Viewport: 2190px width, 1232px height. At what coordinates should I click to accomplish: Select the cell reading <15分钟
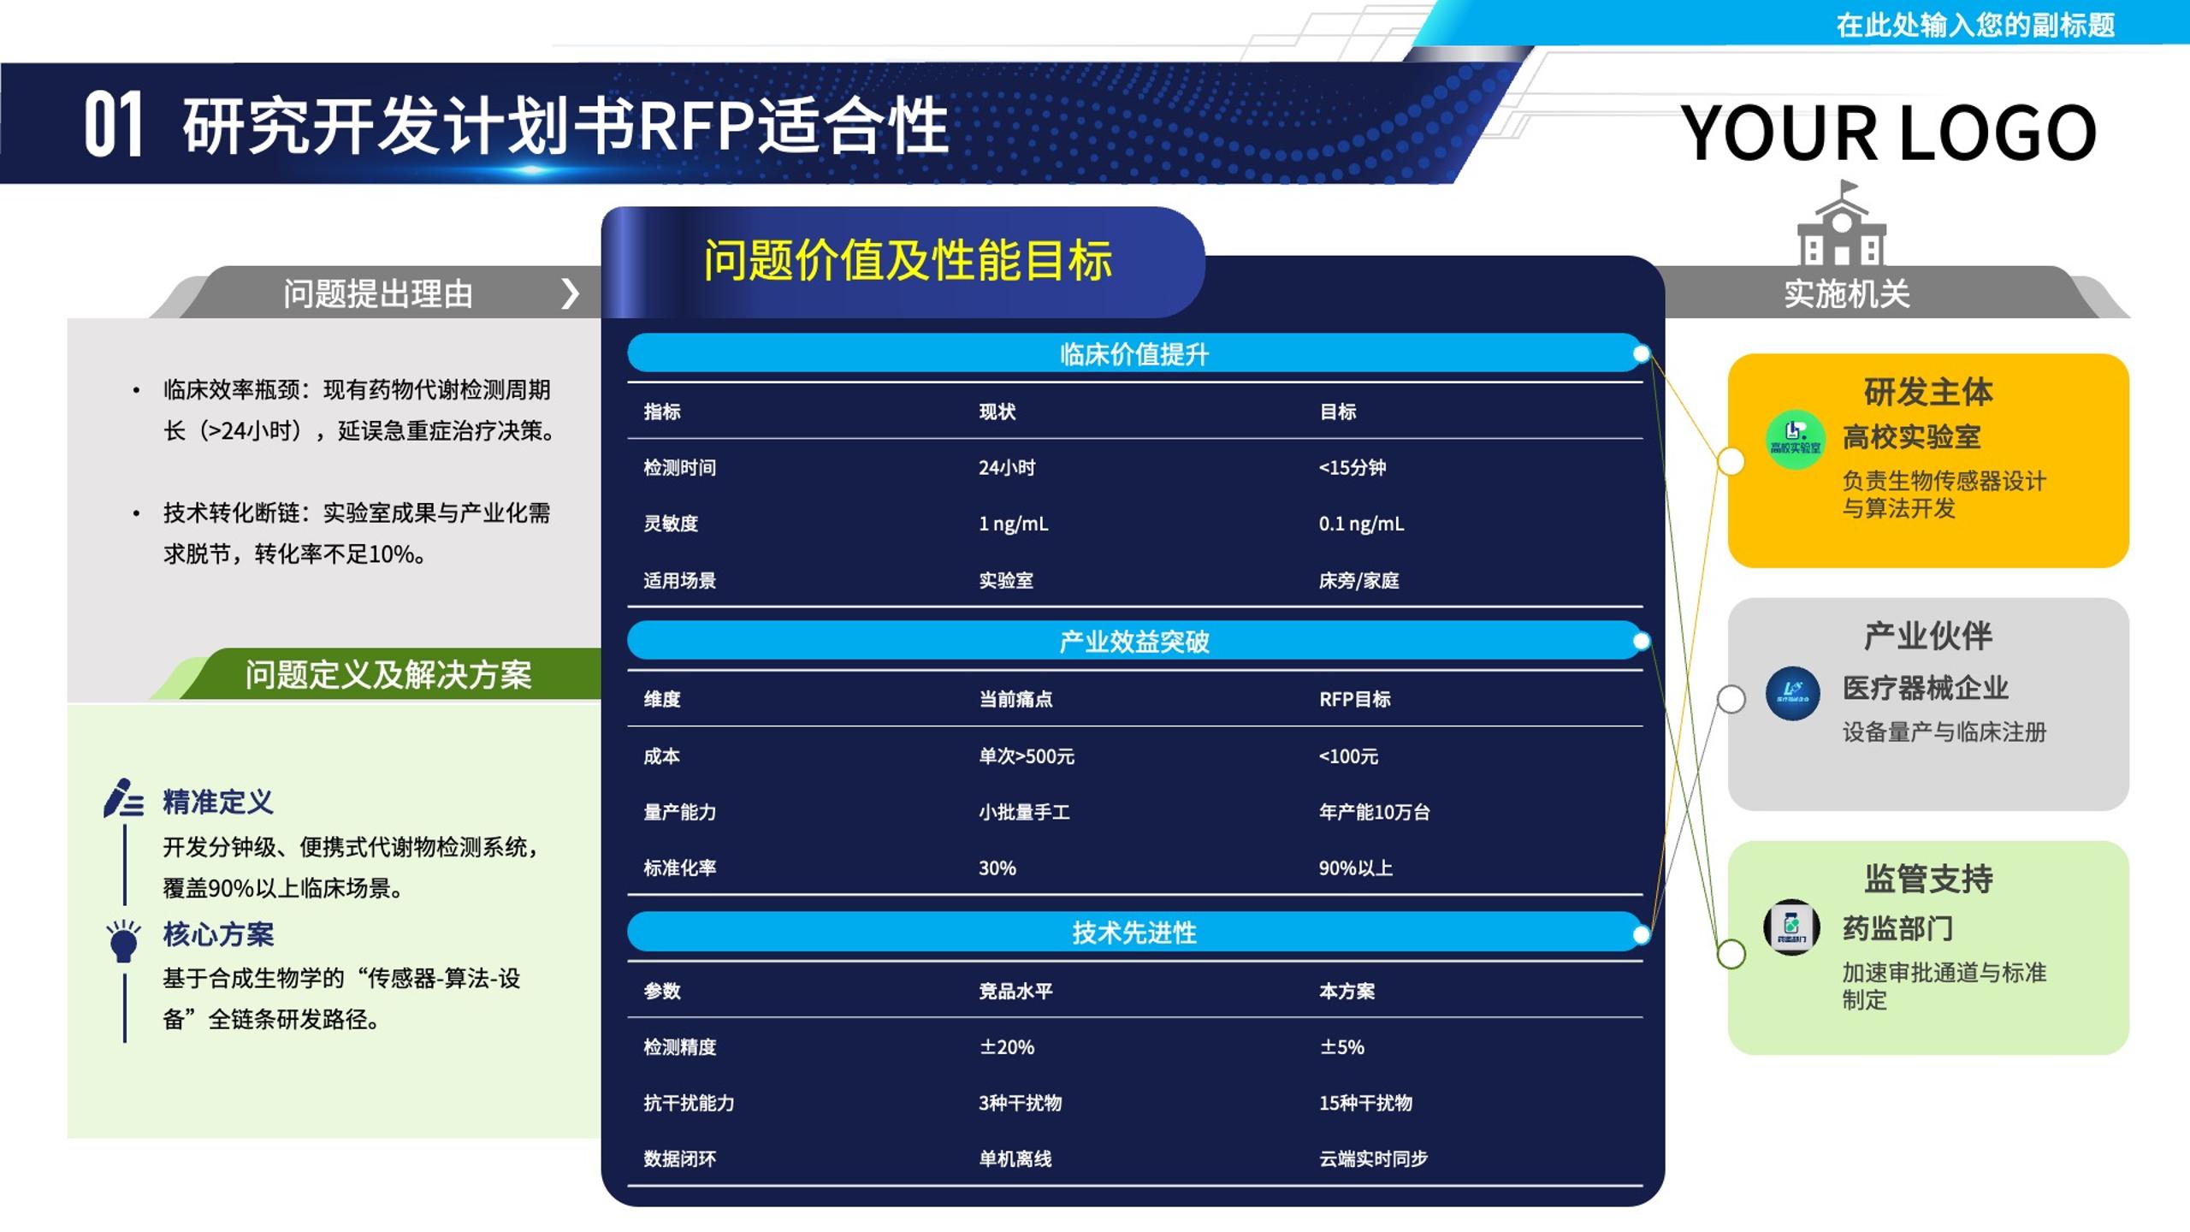[x=1352, y=467]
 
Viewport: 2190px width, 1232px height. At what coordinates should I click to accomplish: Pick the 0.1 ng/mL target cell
[x=1361, y=524]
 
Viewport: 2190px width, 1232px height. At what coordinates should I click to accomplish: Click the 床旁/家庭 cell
[x=1358, y=580]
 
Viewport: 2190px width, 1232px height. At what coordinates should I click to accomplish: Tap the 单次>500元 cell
[x=1027, y=756]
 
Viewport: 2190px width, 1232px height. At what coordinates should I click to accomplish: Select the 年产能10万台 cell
[x=1374, y=812]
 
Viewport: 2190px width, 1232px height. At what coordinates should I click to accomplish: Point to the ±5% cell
[x=1341, y=1047]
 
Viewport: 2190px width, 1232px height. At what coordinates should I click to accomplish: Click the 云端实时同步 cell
[x=1373, y=1158]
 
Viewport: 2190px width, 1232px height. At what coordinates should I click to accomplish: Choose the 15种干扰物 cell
[x=1365, y=1103]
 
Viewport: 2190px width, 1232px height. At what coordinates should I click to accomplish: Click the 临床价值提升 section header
[x=1134, y=353]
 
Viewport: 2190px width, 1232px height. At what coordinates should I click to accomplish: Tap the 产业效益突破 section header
[x=1134, y=641]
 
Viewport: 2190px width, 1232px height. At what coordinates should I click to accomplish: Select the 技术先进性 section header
[x=1134, y=932]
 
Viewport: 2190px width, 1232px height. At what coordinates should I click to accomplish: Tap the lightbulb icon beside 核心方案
[x=123, y=940]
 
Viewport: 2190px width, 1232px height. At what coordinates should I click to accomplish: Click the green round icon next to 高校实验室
[x=1795, y=440]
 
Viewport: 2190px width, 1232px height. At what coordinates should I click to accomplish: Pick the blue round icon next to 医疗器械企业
[x=1792, y=693]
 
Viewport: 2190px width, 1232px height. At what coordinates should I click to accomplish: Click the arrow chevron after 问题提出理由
[x=570, y=293]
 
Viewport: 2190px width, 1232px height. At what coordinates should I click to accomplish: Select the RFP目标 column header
[x=1354, y=699]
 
